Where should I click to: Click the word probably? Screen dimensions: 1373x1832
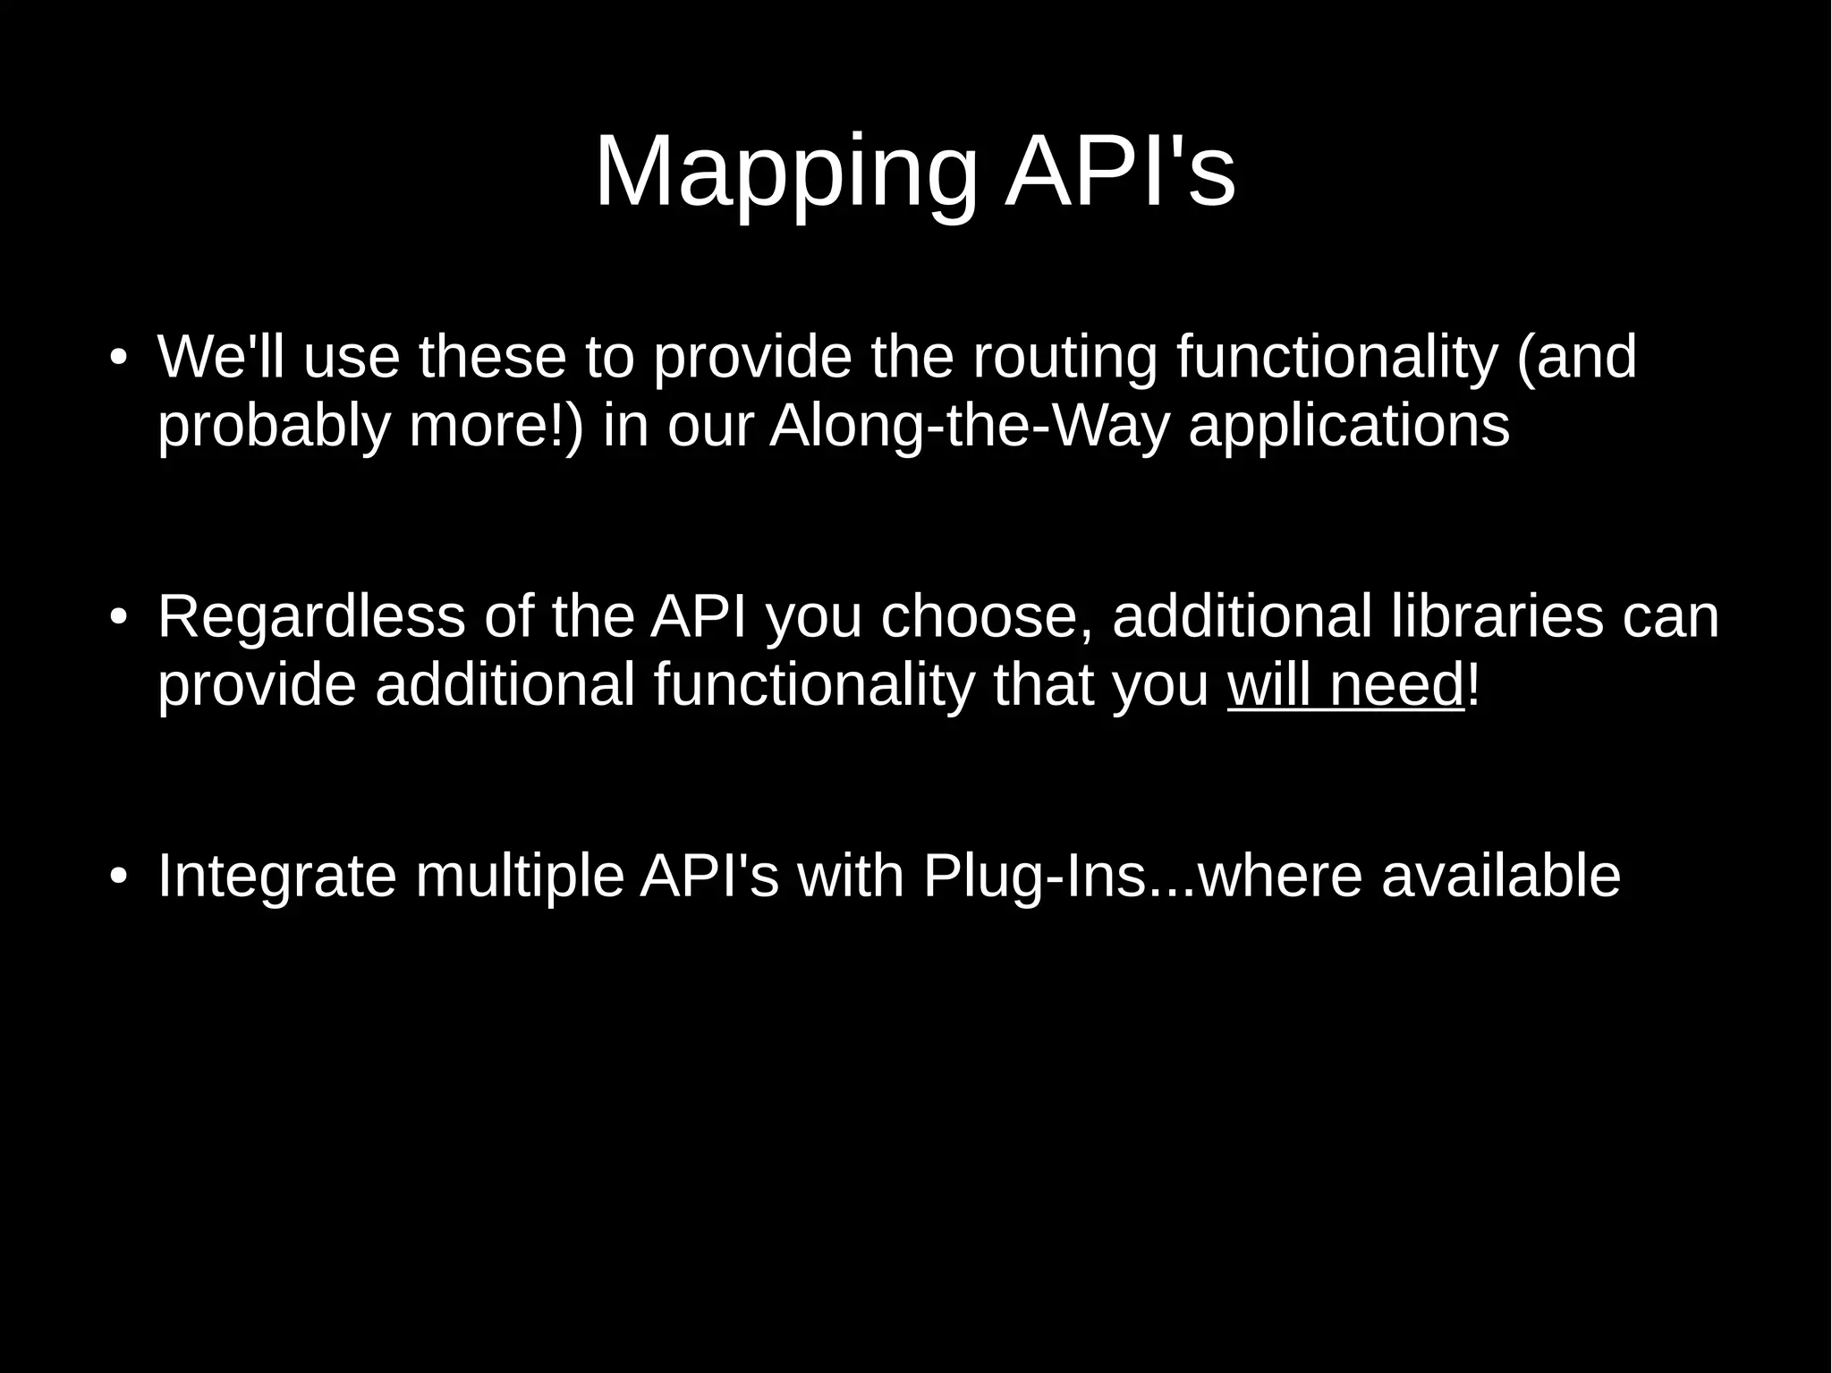point(274,427)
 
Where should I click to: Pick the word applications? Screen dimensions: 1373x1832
point(1349,427)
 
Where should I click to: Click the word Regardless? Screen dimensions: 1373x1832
point(311,616)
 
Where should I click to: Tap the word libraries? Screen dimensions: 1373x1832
point(1497,616)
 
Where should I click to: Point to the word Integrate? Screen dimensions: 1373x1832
point(276,876)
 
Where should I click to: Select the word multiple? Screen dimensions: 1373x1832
point(519,876)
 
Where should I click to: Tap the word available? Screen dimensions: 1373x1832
point(1500,876)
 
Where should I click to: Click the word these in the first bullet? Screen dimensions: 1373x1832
point(492,356)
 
